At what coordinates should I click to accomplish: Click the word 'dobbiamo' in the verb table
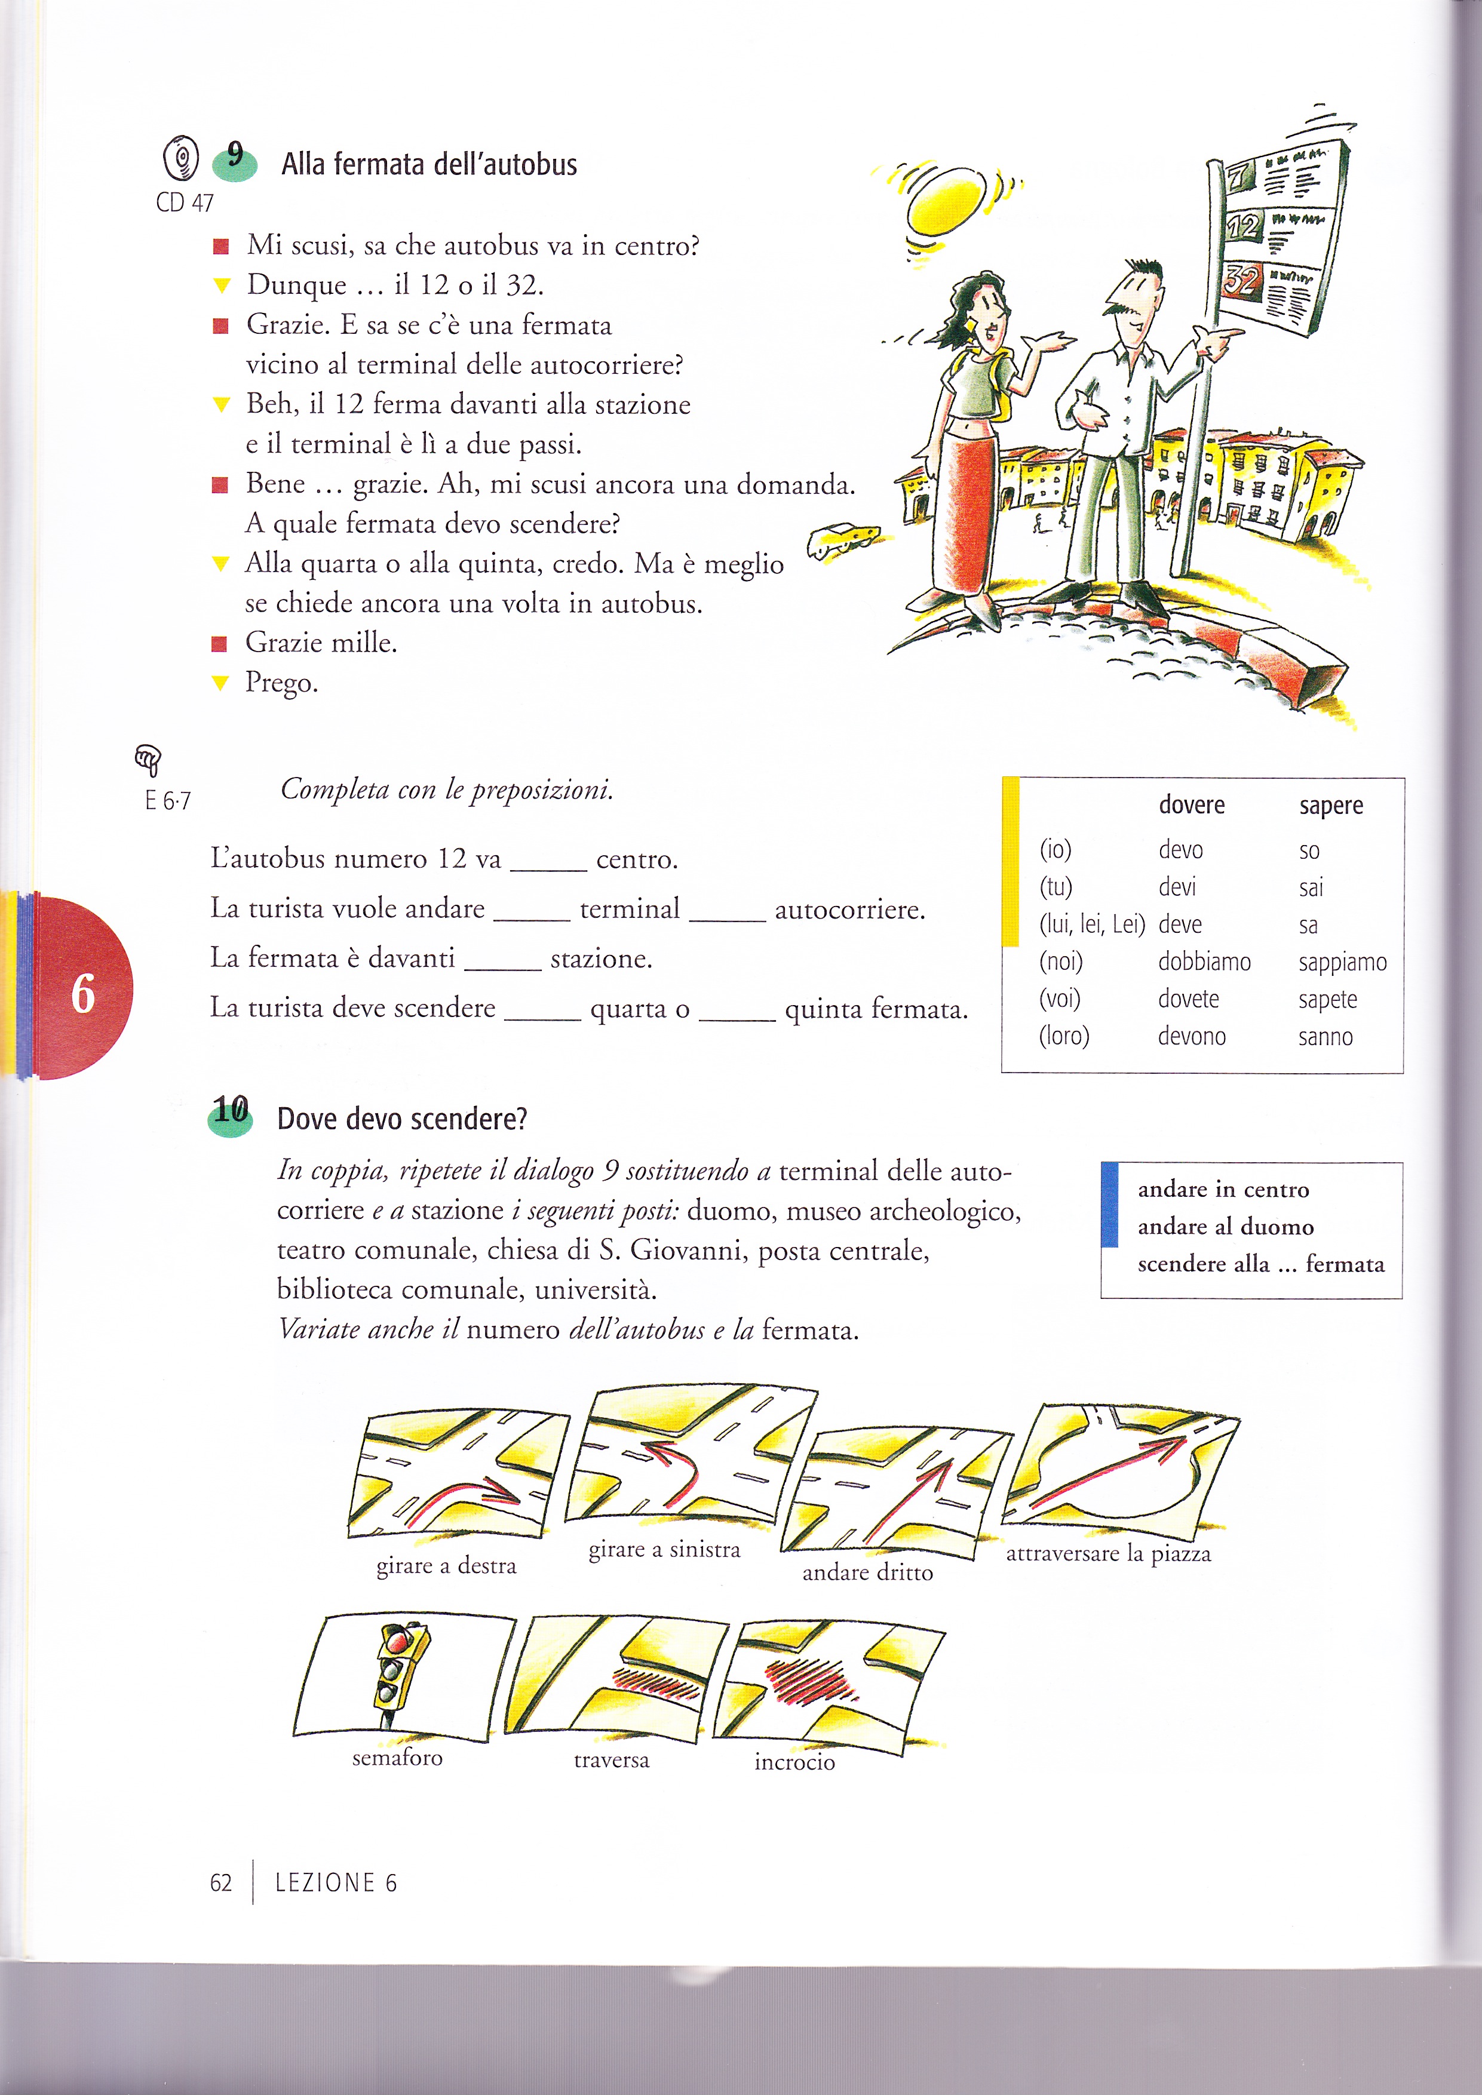click(1204, 962)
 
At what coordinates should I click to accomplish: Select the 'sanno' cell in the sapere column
click(1325, 1037)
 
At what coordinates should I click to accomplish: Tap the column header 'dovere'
click(1191, 805)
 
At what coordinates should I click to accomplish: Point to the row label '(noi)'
click(1060, 962)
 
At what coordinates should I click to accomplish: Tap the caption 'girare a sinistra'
click(664, 1549)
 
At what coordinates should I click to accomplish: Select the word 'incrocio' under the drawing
click(794, 1762)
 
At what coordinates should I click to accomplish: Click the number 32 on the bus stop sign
click(1240, 280)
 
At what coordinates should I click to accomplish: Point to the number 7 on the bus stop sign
click(1239, 173)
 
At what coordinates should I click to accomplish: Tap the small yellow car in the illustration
click(843, 537)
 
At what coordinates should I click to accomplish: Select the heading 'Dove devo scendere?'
click(401, 1119)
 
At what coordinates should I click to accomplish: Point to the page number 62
click(221, 1882)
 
